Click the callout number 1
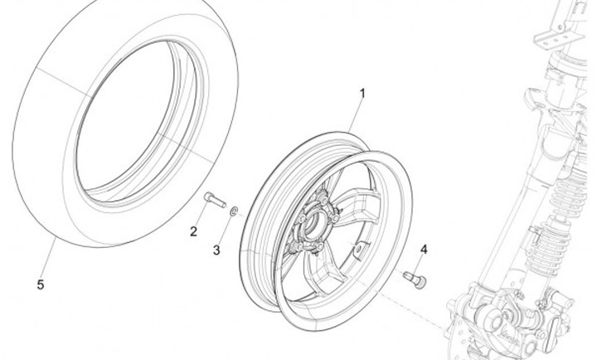[362, 94]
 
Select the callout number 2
[193, 231]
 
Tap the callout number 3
[217, 249]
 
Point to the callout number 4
[423, 249]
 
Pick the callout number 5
[40, 284]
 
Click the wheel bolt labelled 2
[214, 199]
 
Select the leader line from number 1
[354, 117]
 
